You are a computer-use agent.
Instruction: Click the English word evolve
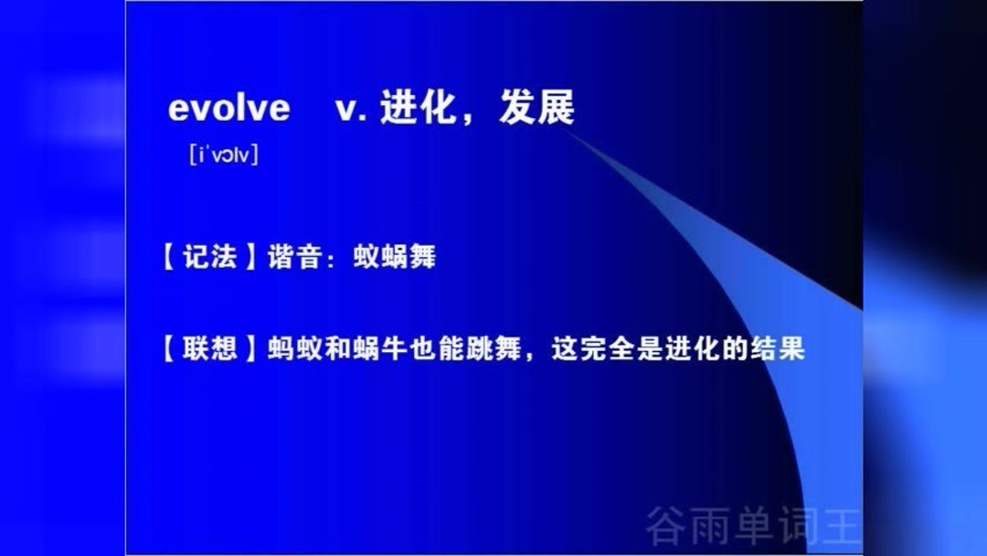[228, 109]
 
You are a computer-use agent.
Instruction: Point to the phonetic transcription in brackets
[223, 155]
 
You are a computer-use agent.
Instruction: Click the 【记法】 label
[210, 257]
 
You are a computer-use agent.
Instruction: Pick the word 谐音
[293, 257]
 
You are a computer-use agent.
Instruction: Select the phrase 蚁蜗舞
[395, 257]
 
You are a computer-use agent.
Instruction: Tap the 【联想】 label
[210, 348]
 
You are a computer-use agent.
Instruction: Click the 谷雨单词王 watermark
[753, 525]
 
